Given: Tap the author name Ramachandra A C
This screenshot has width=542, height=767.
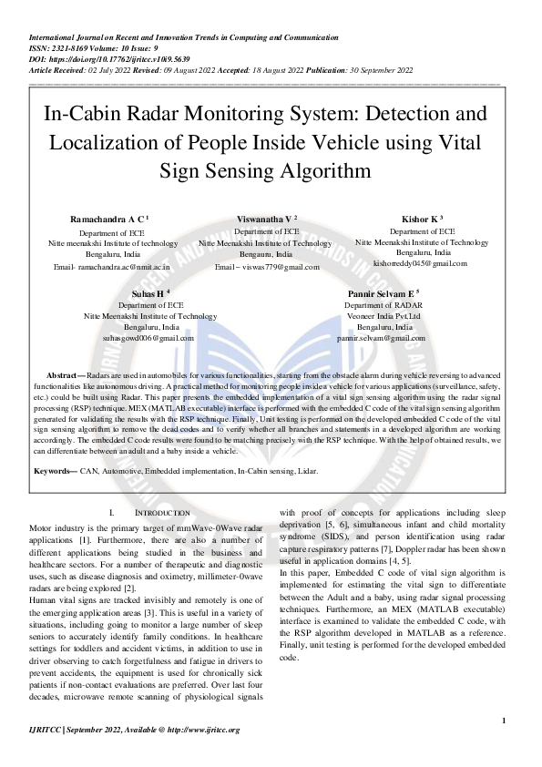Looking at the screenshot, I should (101, 220).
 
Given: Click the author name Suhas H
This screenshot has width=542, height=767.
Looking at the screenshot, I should (148, 294).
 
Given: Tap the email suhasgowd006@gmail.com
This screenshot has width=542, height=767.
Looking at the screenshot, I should (148, 337).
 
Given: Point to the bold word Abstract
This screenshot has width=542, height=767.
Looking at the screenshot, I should (62, 374).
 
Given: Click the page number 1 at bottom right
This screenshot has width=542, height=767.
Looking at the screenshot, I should (504, 721).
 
